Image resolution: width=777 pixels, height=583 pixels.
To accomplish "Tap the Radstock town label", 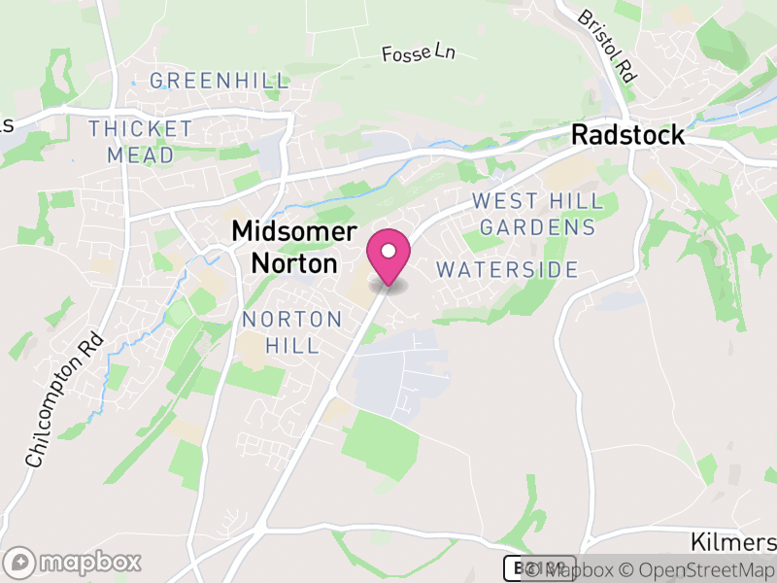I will point(627,135).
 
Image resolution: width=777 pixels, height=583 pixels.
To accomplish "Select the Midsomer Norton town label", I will point(294,247).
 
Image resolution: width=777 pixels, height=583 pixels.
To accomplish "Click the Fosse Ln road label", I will point(419,54).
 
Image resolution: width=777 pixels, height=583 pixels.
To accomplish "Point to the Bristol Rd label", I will point(607,45).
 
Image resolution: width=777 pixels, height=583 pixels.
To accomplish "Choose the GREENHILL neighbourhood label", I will point(220,81).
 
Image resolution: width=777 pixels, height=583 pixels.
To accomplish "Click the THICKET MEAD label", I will point(141,142).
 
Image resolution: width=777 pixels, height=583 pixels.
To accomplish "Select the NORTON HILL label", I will point(292,332).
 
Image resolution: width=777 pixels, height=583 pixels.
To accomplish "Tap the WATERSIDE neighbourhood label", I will point(507,270).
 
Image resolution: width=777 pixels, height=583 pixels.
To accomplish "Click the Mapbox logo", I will point(74,562).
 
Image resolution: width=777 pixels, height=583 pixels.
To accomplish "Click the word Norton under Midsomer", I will point(294,262).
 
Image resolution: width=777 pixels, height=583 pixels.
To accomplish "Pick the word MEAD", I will point(141,154).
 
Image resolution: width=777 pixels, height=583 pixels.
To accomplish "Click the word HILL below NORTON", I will point(292,345).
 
